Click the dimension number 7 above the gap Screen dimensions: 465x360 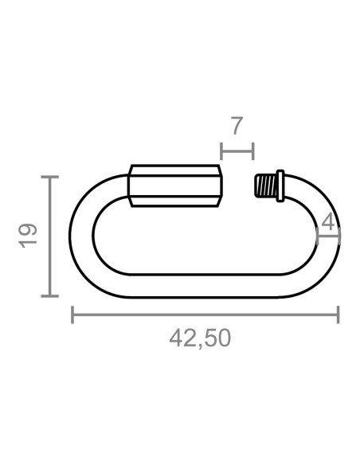(x=237, y=126)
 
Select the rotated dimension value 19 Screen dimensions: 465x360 (x=29, y=236)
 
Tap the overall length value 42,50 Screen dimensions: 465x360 (x=200, y=338)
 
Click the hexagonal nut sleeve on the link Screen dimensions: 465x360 (x=175, y=186)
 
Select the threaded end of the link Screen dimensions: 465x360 (x=264, y=186)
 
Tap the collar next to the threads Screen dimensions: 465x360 (x=280, y=186)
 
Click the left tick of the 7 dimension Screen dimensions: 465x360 (x=221, y=150)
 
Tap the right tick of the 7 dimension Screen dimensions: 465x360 (x=253, y=150)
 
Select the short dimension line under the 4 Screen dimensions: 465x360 (x=328, y=235)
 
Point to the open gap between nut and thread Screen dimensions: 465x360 (x=238, y=186)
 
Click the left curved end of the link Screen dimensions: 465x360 (x=81, y=236)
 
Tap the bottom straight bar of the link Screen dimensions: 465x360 (x=199, y=286)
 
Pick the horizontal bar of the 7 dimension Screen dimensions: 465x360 (x=237, y=150)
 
